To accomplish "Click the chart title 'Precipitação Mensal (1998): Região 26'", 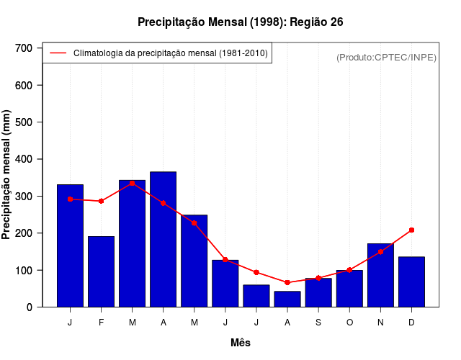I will (241, 22).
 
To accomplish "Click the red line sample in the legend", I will (58, 53).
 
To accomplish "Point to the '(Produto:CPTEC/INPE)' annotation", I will (386, 57).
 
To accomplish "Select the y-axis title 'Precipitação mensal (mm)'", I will (7, 175).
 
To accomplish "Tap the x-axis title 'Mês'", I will (241, 343).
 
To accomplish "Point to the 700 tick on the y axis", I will (29, 48).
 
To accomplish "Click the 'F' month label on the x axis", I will (102, 323).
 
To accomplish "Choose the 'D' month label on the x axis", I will (411, 323).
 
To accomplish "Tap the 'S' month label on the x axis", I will (318, 323).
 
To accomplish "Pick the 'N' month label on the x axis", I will (380, 323).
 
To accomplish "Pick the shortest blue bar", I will (287, 300).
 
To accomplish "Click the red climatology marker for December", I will (411, 230).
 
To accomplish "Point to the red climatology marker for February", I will (102, 201).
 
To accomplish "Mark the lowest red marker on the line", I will (287, 282).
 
